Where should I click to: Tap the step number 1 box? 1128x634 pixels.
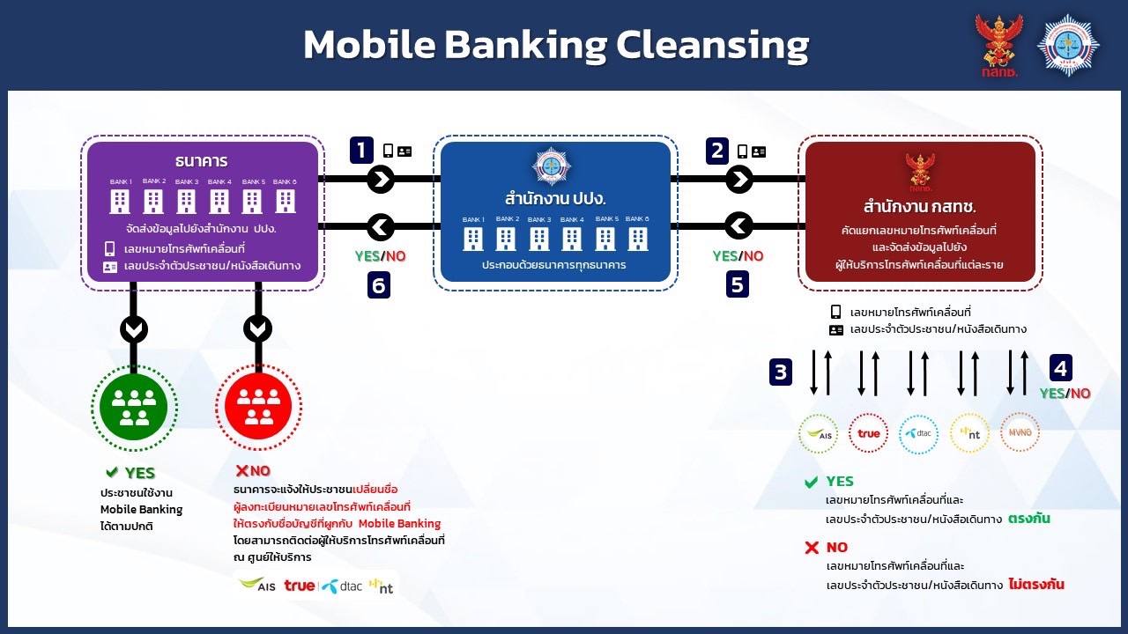click(x=361, y=150)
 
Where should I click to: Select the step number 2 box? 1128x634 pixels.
click(x=717, y=150)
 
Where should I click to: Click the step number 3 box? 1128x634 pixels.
click(x=780, y=372)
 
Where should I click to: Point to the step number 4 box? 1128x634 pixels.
click(x=1062, y=367)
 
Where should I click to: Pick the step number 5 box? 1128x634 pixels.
click(x=737, y=284)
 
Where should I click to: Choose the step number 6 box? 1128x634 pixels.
click(x=379, y=285)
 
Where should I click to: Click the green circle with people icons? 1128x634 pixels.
click(x=134, y=407)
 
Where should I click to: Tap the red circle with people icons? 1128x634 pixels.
click(x=258, y=407)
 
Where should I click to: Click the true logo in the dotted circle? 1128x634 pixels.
click(x=869, y=433)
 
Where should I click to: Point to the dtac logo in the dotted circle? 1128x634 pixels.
click(x=918, y=433)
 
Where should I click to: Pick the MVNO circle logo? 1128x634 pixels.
click(x=1020, y=432)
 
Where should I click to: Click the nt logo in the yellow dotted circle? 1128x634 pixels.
click(x=969, y=433)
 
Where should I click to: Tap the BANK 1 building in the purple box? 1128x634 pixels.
click(x=120, y=201)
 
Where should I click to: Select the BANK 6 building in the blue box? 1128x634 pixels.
click(x=638, y=238)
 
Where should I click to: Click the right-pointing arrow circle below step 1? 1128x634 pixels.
click(x=381, y=180)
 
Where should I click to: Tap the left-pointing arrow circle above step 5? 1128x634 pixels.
click(x=738, y=226)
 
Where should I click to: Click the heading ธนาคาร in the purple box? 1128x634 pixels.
click(x=202, y=161)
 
